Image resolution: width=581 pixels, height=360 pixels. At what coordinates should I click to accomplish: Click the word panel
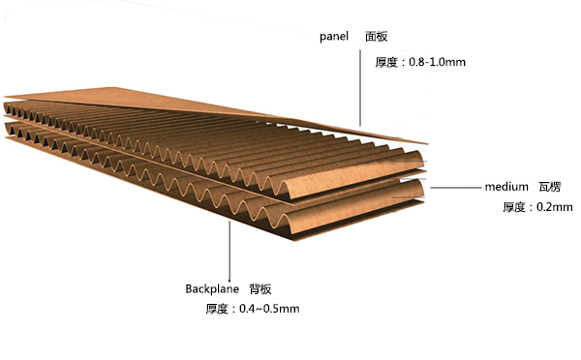pyautogui.click(x=334, y=37)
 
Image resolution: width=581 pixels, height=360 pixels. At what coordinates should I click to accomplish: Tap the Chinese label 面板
pyautogui.click(x=376, y=37)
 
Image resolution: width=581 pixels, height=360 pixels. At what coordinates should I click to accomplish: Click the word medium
pyautogui.click(x=506, y=185)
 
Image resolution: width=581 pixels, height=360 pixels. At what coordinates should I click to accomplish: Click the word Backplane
pyautogui.click(x=210, y=288)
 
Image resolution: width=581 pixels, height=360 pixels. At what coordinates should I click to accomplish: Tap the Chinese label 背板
pyautogui.click(x=260, y=288)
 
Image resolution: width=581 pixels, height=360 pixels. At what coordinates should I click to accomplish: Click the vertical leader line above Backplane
pyautogui.click(x=229, y=247)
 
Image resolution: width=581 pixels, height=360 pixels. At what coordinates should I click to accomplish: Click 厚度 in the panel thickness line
pyautogui.click(x=386, y=62)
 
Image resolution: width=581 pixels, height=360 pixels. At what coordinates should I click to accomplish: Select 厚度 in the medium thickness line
pyautogui.click(x=515, y=207)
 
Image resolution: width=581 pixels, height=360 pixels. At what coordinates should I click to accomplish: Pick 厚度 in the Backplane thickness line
pyautogui.click(x=217, y=309)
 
